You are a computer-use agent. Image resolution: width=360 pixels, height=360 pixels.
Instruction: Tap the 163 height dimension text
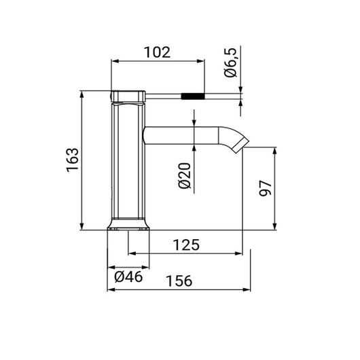tap(73, 160)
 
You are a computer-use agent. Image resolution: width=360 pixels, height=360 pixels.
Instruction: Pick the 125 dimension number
tap(185, 245)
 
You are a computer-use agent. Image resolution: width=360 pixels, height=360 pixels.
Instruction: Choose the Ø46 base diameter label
tap(127, 276)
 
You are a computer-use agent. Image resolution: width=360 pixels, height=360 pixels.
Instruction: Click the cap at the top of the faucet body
tap(128, 95)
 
